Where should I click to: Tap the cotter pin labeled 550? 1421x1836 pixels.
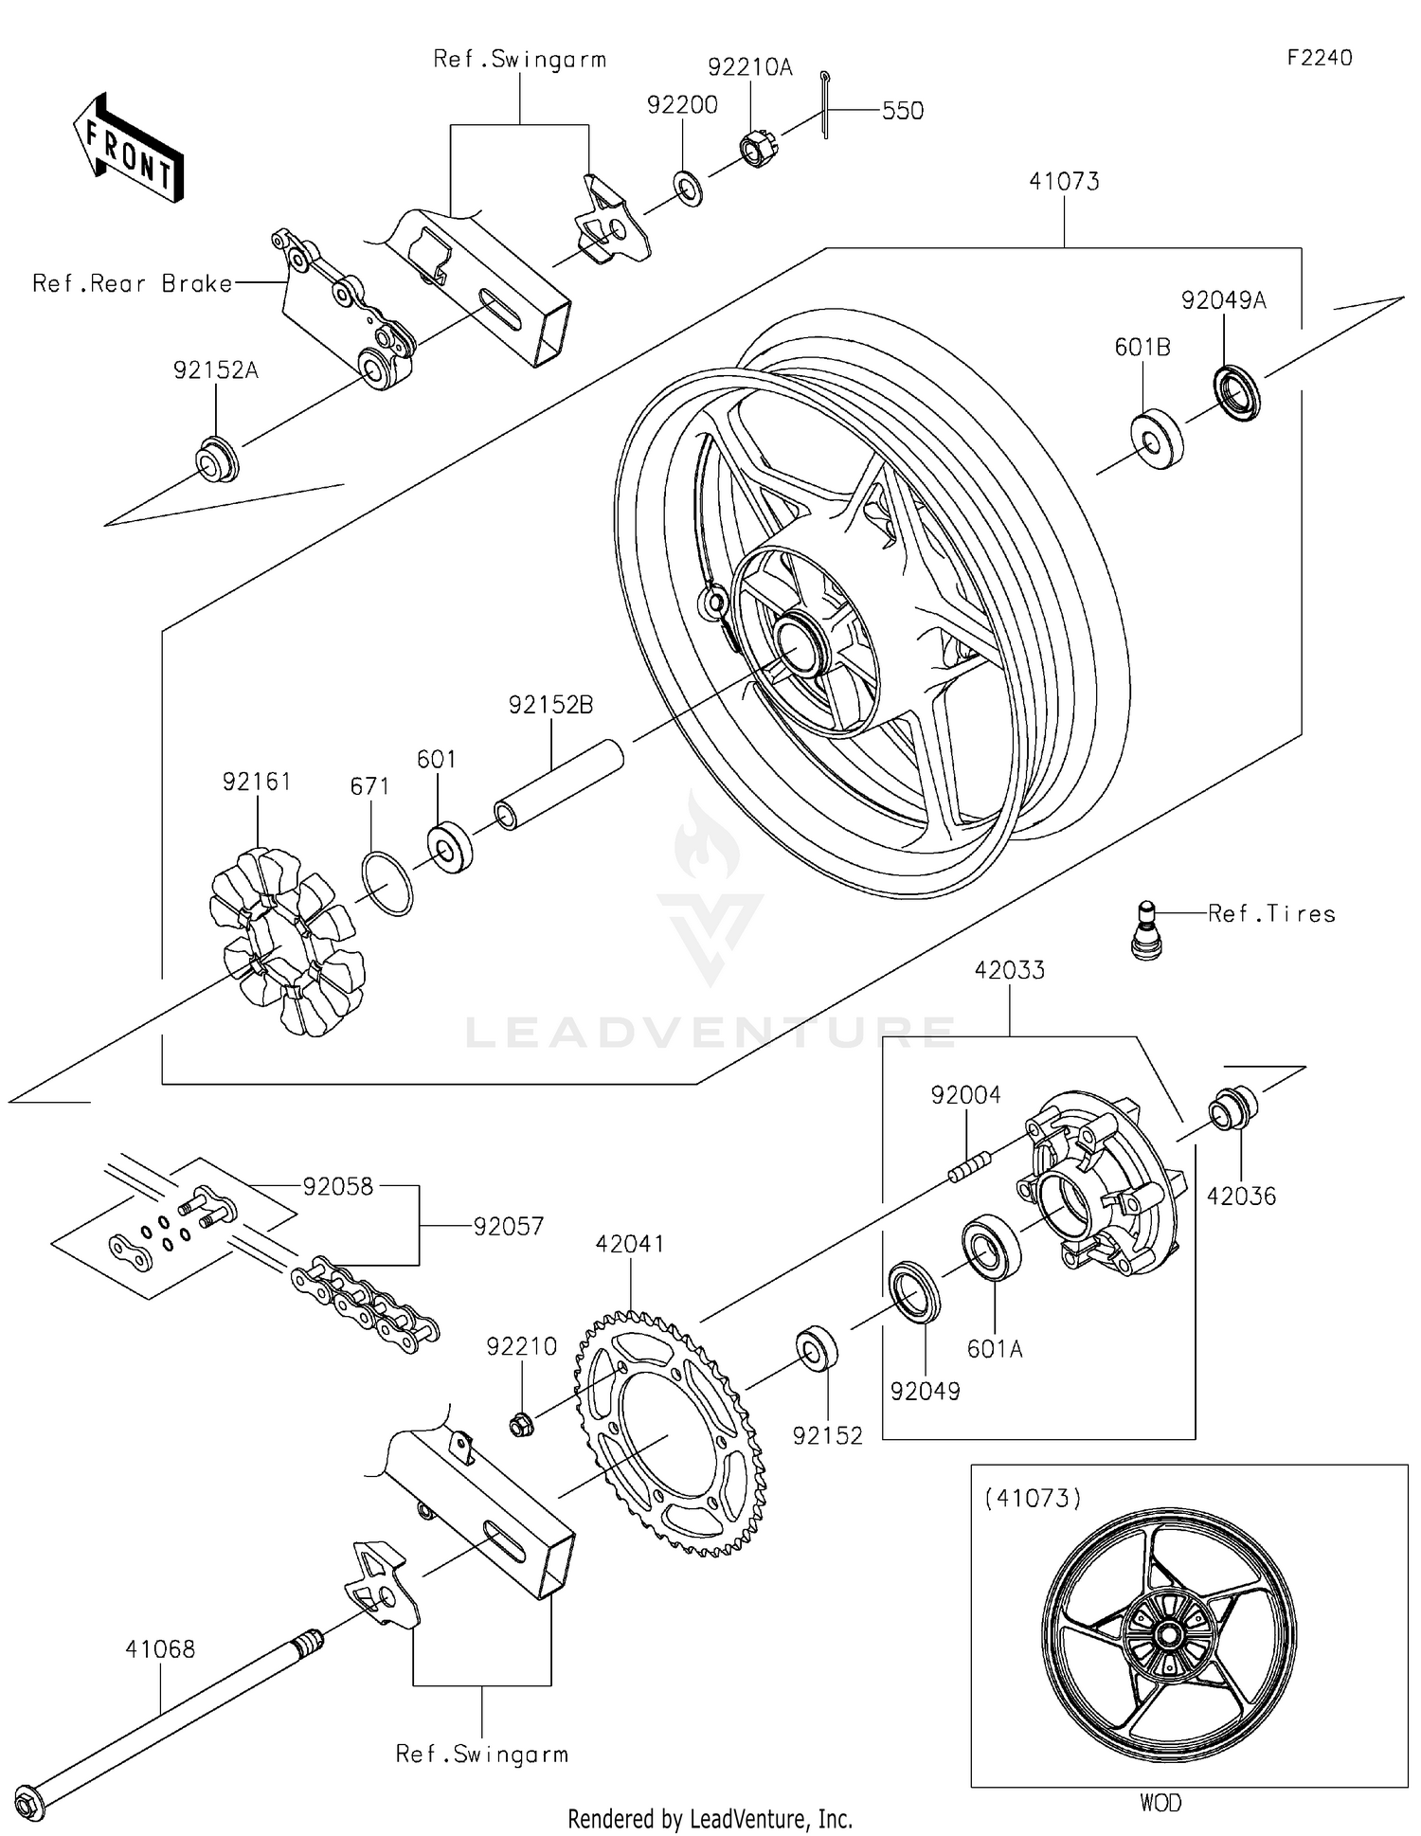click(825, 104)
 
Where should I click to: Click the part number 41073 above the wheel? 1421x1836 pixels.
click(1064, 181)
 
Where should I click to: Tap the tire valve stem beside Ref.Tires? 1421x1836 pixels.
click(1147, 930)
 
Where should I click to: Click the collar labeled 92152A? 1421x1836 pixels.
click(217, 459)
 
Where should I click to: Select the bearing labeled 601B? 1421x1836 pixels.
click(1158, 441)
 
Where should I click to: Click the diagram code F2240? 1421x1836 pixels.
click(1319, 58)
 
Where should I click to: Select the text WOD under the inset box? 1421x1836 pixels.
click(1160, 1803)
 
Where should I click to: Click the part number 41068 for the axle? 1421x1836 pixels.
click(160, 1648)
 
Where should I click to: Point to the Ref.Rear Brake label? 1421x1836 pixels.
click(133, 283)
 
